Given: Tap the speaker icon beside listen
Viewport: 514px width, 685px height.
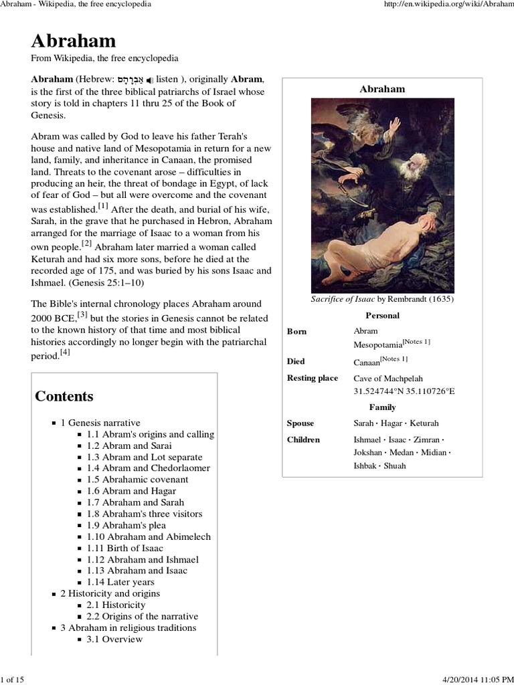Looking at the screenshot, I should [x=151, y=80].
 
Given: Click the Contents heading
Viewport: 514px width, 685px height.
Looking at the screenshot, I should [x=64, y=395].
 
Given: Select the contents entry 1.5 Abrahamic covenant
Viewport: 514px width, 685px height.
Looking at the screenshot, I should [x=137, y=480].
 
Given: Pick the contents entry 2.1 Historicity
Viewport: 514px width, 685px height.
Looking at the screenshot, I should [x=116, y=605].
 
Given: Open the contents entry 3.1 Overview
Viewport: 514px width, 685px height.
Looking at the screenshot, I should [x=114, y=639].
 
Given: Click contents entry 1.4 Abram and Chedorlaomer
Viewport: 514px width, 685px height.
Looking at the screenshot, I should [x=148, y=468].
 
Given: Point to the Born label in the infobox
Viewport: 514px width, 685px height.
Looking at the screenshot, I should [x=296, y=331].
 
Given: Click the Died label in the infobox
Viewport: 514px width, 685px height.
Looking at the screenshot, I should [x=296, y=361].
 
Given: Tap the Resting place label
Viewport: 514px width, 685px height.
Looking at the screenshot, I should [x=313, y=379].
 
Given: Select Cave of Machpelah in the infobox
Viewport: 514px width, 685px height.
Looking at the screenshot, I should [x=388, y=379].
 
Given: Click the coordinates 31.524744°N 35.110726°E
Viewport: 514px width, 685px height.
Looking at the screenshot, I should [x=404, y=391].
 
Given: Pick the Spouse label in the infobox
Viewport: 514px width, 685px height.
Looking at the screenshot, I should [x=301, y=423].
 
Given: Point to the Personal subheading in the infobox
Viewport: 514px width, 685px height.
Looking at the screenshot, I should [x=382, y=315].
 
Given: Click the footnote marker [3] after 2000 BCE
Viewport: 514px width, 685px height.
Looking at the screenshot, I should [x=82, y=313].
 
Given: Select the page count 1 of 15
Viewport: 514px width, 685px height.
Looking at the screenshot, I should [x=13, y=680].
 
